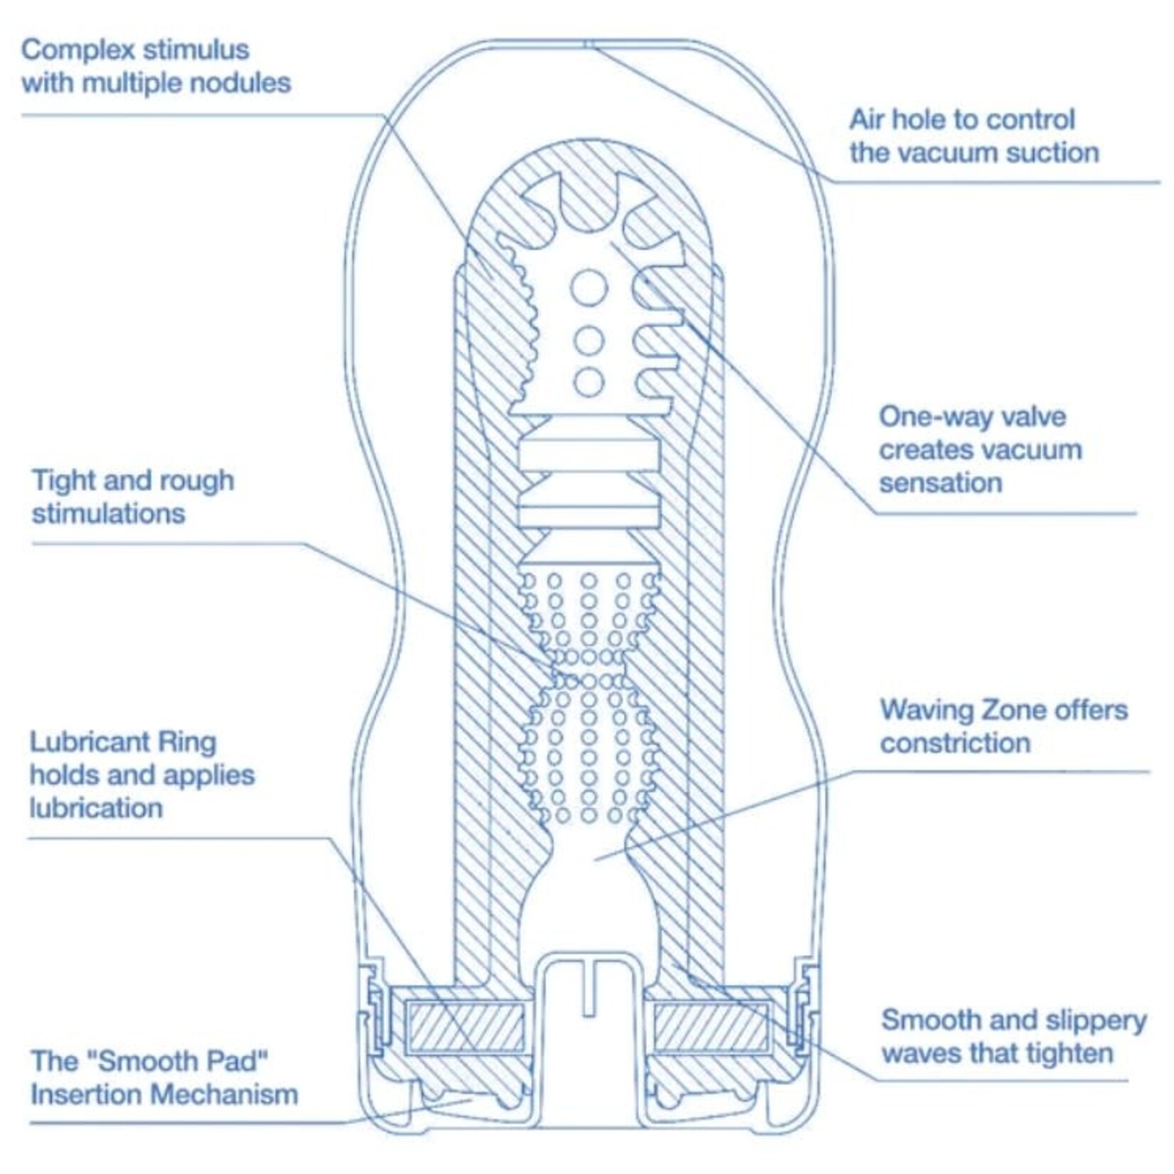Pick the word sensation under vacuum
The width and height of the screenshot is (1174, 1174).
coord(940,483)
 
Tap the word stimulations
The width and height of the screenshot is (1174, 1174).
coord(108,514)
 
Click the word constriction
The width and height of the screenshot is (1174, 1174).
coord(954,743)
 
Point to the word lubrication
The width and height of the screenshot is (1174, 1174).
coord(96,809)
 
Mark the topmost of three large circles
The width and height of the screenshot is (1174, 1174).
coord(589,288)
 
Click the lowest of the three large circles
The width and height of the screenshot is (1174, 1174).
coord(588,382)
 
